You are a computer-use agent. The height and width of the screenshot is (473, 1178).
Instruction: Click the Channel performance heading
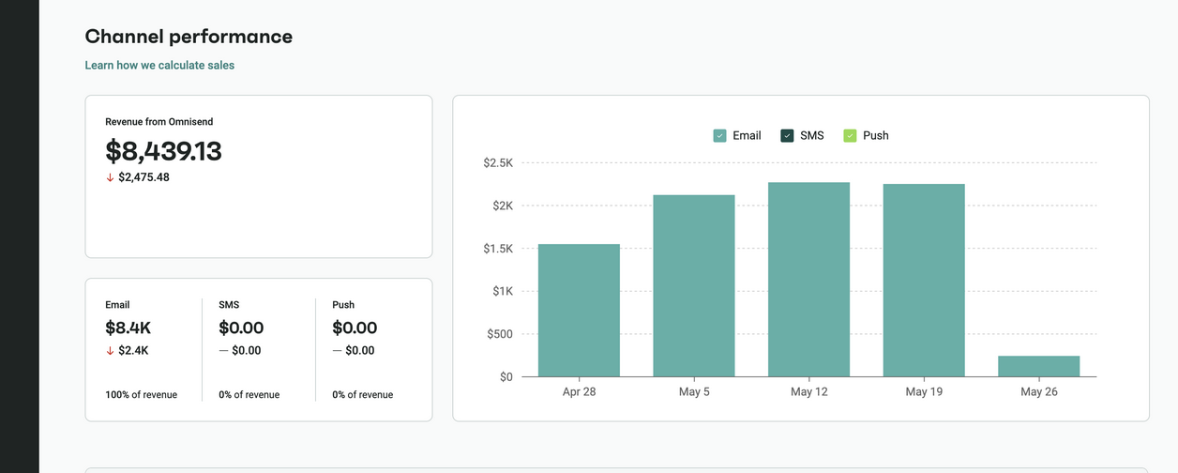pyautogui.click(x=189, y=37)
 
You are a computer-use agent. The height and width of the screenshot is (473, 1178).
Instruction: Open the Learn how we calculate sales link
pyautogui.click(x=159, y=66)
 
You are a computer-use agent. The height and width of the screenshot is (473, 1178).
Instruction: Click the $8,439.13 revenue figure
pyautogui.click(x=163, y=151)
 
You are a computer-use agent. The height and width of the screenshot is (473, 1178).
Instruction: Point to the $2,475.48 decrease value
pyautogui.click(x=143, y=177)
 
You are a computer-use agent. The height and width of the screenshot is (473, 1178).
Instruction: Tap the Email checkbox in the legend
pyautogui.click(x=720, y=136)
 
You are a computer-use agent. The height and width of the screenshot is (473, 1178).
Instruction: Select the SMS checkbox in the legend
pyautogui.click(x=787, y=136)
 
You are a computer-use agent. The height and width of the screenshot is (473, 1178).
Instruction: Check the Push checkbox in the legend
pyautogui.click(x=850, y=136)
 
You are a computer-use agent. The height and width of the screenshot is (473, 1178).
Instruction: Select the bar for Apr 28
pyautogui.click(x=579, y=310)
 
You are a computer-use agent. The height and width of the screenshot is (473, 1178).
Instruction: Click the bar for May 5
pyautogui.click(x=694, y=285)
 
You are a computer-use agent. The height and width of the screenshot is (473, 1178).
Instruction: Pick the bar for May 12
pyautogui.click(x=808, y=279)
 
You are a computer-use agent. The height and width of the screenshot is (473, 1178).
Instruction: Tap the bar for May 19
pyautogui.click(x=924, y=280)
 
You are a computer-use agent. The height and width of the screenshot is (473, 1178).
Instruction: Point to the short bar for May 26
pyautogui.click(x=1038, y=366)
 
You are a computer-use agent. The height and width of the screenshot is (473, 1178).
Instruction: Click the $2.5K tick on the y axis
pyautogui.click(x=498, y=163)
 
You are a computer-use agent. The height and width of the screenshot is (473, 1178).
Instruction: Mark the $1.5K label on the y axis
pyautogui.click(x=498, y=249)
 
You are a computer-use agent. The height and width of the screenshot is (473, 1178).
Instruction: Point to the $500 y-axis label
pyautogui.click(x=499, y=334)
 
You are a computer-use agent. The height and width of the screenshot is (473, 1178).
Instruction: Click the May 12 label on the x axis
pyautogui.click(x=808, y=392)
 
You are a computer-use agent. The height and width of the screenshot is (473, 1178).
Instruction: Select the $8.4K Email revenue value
pyautogui.click(x=128, y=328)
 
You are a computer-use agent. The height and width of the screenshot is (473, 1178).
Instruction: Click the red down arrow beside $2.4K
pyautogui.click(x=110, y=351)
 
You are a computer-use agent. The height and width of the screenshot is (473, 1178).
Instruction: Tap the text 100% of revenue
pyautogui.click(x=141, y=395)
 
